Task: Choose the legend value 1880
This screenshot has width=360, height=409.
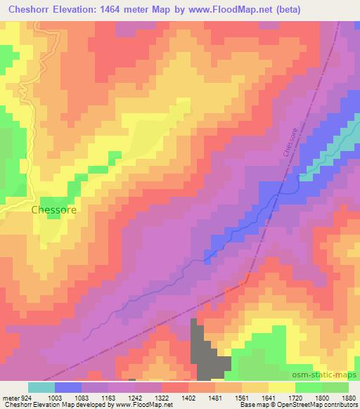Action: click(x=350, y=397)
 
